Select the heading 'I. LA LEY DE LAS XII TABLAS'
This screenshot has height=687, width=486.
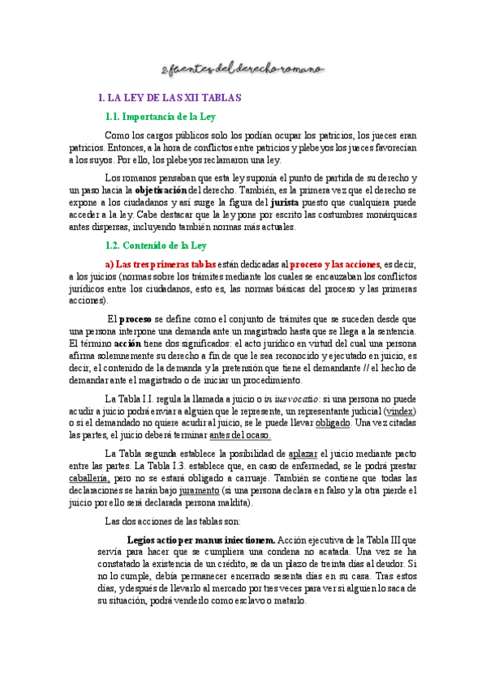(x=169, y=98)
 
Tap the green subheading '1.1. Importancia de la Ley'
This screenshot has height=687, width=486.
(x=160, y=117)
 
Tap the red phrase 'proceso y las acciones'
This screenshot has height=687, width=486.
(x=335, y=265)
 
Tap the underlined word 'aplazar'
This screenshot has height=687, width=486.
(x=303, y=454)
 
